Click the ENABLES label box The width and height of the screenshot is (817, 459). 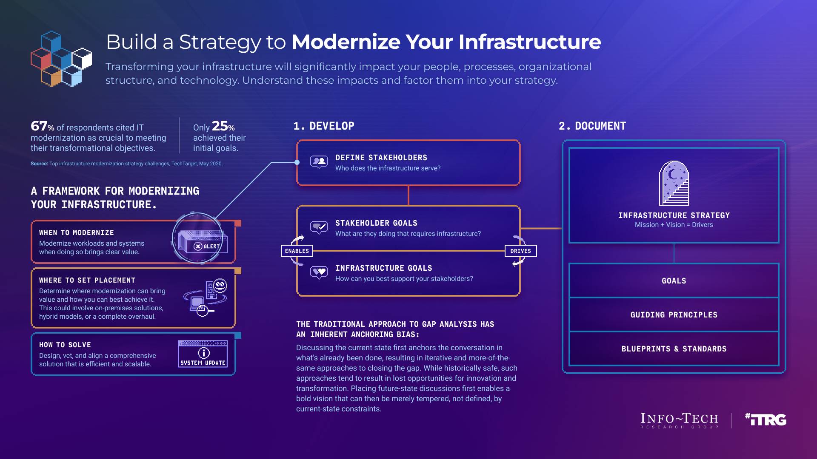297,251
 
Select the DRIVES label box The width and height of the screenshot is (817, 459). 520,251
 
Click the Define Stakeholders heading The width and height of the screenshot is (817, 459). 381,158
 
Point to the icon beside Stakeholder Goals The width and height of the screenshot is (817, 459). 319,227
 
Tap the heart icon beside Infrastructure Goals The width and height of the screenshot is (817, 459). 319,272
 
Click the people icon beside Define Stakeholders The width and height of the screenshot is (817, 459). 319,161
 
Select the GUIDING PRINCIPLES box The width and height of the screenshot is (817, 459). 674,314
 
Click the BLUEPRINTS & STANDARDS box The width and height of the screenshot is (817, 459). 674,348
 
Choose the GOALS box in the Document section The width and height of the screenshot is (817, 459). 674,280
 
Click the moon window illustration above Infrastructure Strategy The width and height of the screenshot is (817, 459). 674,184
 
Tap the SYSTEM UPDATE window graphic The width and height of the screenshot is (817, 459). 203,354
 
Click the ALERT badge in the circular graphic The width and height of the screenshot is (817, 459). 207,246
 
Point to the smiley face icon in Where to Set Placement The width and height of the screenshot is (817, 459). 220,285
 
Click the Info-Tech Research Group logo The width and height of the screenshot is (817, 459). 679,420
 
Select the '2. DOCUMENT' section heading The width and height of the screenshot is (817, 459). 592,126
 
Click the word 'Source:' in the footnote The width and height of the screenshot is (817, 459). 39,164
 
